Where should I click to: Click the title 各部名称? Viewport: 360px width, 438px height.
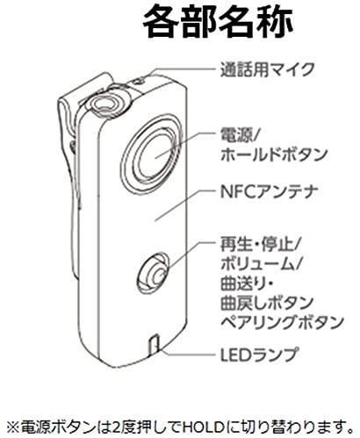[218, 24]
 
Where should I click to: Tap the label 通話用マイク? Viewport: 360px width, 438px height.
[267, 69]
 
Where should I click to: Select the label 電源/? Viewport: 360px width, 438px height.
[239, 135]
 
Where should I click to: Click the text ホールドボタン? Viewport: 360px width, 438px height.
[273, 154]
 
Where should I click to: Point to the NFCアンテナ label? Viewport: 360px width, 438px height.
[269, 191]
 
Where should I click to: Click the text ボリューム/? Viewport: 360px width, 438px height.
[261, 264]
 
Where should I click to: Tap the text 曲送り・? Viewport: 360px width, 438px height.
[247, 284]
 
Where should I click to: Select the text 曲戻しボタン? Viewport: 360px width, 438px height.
[267, 303]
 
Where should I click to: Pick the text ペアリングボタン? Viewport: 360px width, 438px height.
[282, 323]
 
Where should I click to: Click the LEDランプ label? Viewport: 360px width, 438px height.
[259, 354]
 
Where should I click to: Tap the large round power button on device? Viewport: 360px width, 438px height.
[154, 155]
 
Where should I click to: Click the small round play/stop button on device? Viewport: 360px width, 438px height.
[154, 272]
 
